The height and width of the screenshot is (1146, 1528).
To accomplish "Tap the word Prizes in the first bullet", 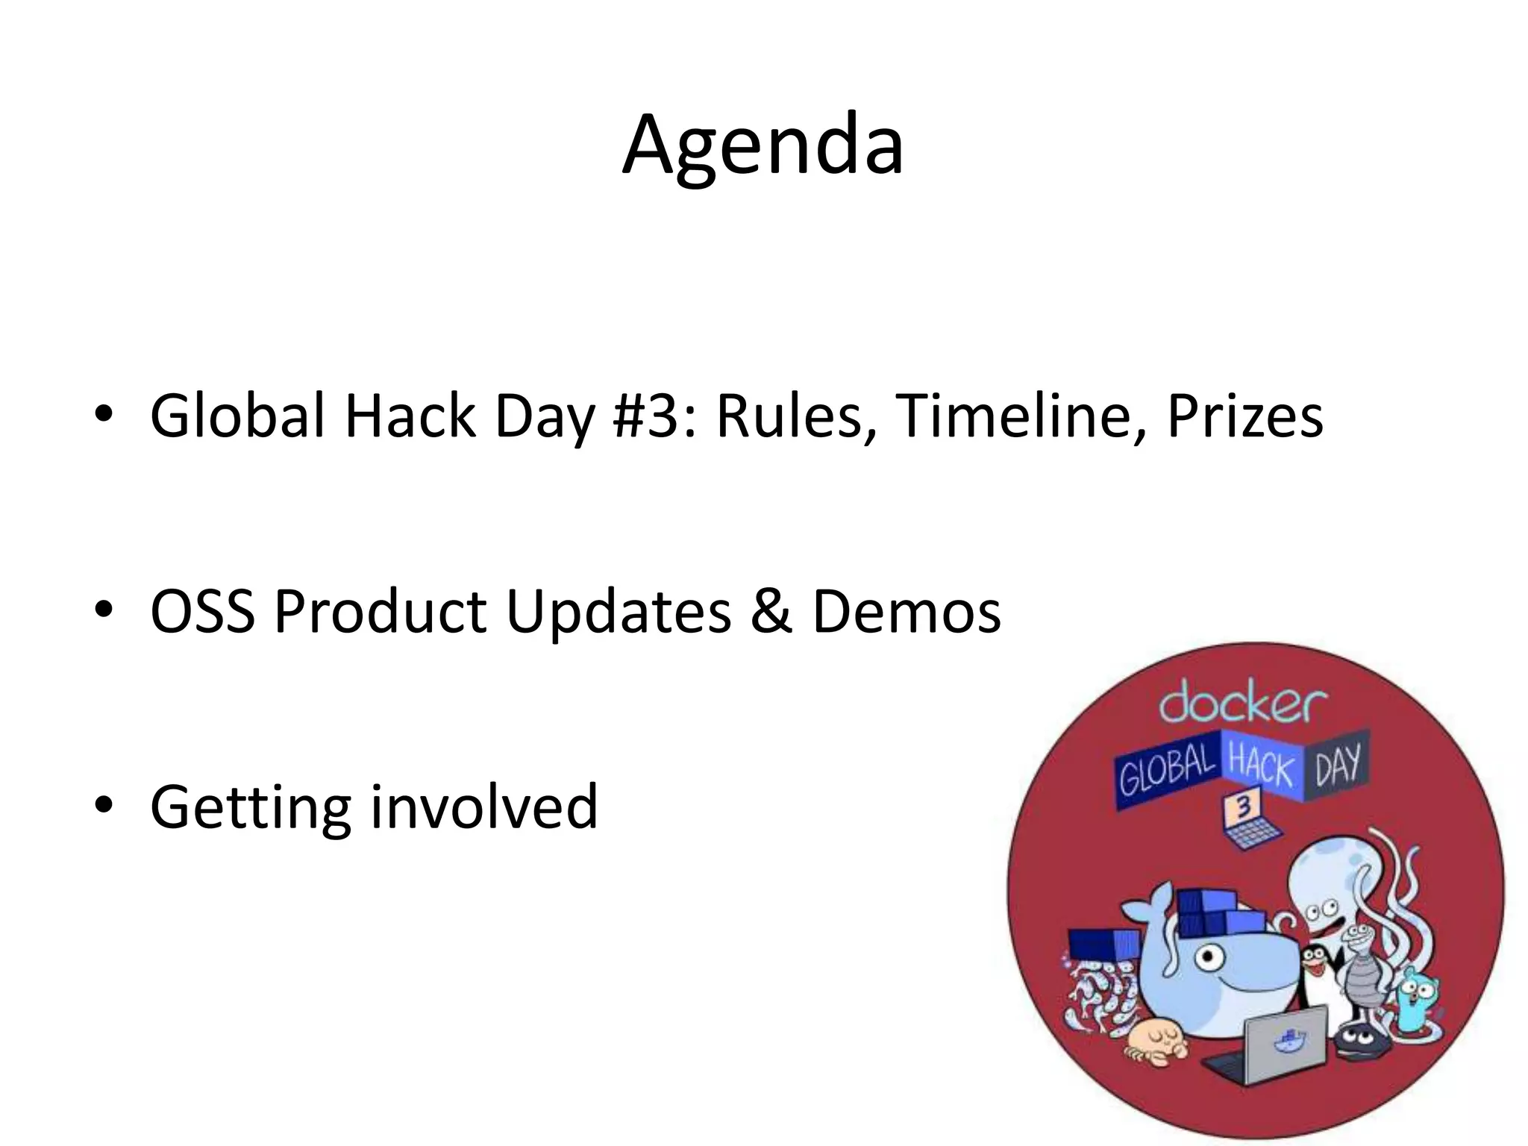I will point(1244,416).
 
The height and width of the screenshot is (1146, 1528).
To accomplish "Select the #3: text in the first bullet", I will point(655,416).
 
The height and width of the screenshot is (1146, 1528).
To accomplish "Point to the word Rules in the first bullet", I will point(793,416).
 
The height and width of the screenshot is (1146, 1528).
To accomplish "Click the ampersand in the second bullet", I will point(771,611).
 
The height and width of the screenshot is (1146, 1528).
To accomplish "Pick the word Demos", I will point(906,611).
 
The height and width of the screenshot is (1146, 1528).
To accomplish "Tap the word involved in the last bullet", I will point(484,807).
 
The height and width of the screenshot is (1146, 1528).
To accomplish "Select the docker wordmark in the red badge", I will point(1242,705).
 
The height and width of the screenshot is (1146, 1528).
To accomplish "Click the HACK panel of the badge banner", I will point(1261,765).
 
